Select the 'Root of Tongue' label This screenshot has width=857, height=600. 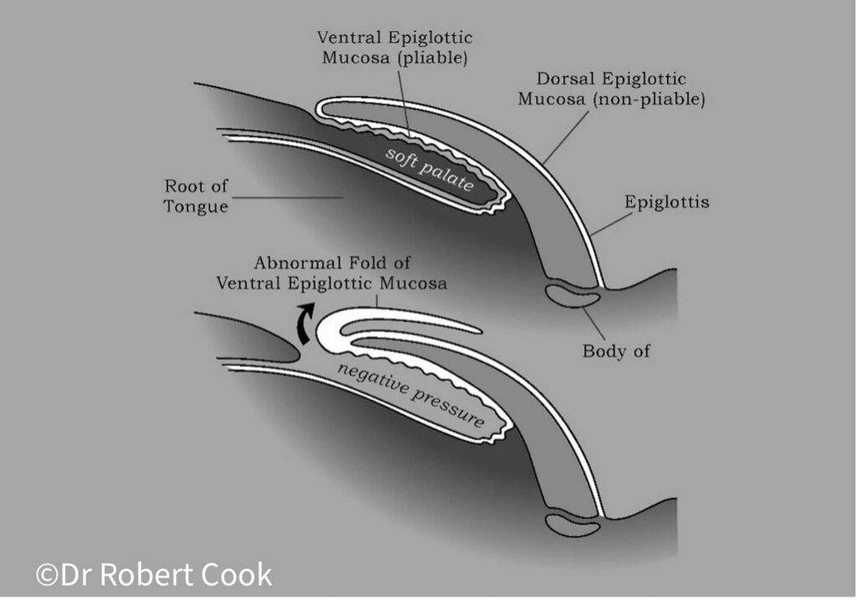coord(196,196)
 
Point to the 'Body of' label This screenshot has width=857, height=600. coord(616,351)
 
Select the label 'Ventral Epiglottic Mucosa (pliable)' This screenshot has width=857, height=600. coord(394,49)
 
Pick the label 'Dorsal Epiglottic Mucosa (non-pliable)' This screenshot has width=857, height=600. coord(613,90)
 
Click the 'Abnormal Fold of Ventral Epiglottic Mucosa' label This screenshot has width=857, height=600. coord(331,272)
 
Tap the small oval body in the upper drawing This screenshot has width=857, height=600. coord(571,296)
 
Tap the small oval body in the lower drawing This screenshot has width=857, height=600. coord(571,525)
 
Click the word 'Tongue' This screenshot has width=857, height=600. coord(196,207)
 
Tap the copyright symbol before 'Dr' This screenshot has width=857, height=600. coord(46,575)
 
